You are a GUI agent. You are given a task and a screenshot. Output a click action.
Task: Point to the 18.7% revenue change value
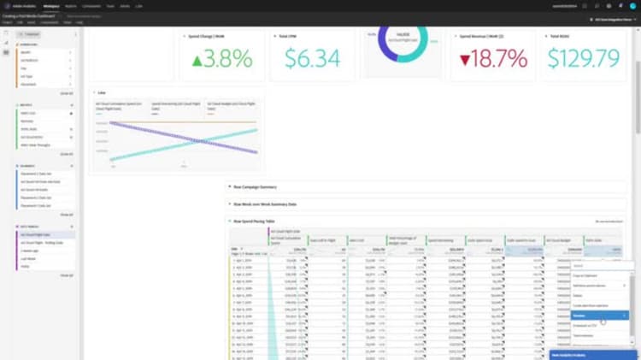[x=500, y=58]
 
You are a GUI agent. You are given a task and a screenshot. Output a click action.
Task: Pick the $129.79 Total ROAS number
[x=584, y=58]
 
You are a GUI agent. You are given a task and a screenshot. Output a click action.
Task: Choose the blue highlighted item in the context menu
[x=598, y=316]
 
